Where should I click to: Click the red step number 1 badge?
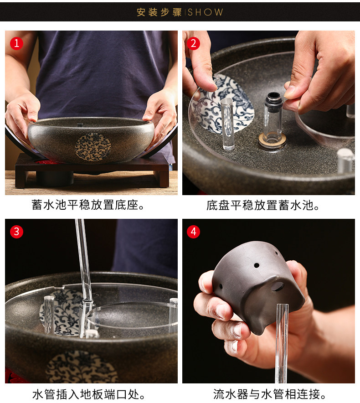pos(16,43)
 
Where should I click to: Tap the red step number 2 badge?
pos(194,43)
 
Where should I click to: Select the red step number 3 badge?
pos(16,232)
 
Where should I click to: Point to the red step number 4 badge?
pos(194,232)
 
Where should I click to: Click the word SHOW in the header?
pos(206,12)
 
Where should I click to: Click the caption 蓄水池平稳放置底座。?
pos(88,205)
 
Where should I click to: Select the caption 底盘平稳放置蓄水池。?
pos(263,205)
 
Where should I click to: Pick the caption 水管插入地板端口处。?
pos(89,394)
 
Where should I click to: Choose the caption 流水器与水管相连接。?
pos(270,394)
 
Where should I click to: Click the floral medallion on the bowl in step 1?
pos(93,147)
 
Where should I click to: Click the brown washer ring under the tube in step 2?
pos(272,140)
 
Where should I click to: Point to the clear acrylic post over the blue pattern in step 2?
pos(228,124)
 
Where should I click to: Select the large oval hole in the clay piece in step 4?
pos(278,286)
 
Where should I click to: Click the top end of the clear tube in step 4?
pos(283,305)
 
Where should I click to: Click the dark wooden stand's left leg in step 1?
pos(21,179)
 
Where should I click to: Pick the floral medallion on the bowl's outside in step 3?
pos(81,367)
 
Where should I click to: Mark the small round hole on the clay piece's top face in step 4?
pos(257,265)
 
